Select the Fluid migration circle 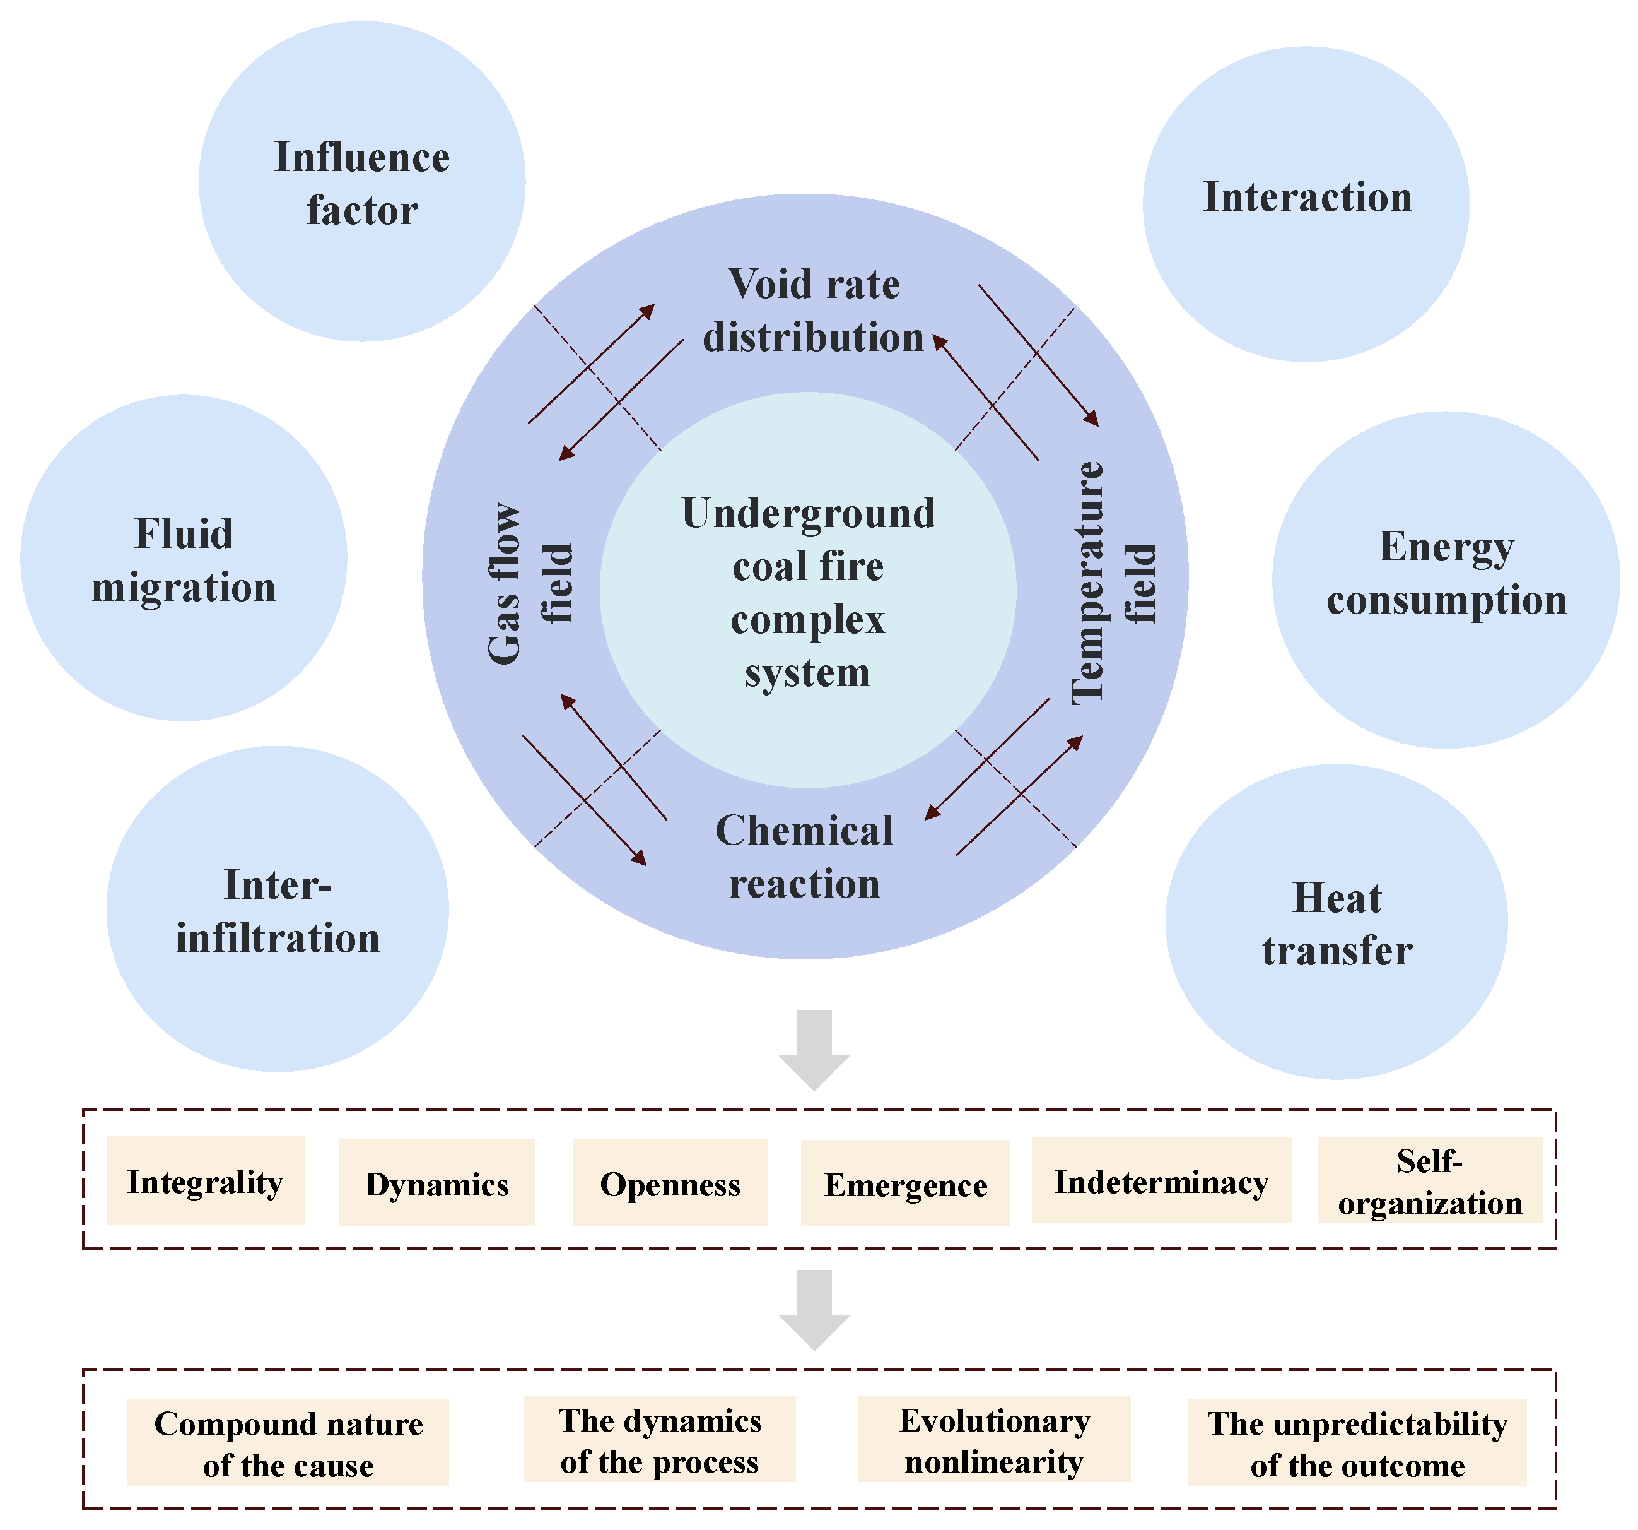tap(183, 558)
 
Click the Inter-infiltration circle tap(277, 910)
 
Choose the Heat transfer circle tap(1336, 922)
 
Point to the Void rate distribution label tap(813, 311)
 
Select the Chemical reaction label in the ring tap(804, 857)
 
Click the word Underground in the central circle tap(809, 514)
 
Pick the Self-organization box tap(1429, 1180)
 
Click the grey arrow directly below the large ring tap(814, 1048)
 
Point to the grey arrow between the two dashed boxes tap(814, 1308)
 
